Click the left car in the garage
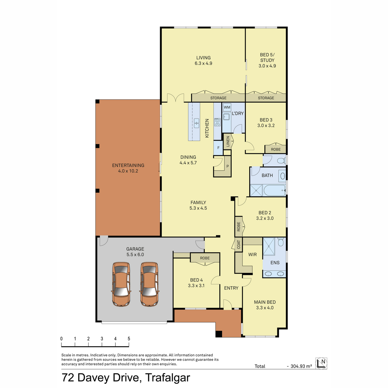pos(121,284)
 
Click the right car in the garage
pos(149,284)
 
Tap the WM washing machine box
pos(227,107)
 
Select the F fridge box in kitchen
pos(218,148)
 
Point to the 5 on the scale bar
pos(129,339)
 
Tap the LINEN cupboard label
pos(228,142)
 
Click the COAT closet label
pos(239,245)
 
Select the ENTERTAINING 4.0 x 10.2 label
pos(128,168)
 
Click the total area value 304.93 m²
pos(301,366)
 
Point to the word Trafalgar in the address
pos(168,378)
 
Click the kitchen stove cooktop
pos(217,122)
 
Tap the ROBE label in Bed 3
pos(276,149)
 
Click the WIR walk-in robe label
pos(253,254)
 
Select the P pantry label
pos(228,166)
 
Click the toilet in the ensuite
pos(281,242)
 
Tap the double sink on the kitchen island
pos(197,123)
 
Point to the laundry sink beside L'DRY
pos(226,117)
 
